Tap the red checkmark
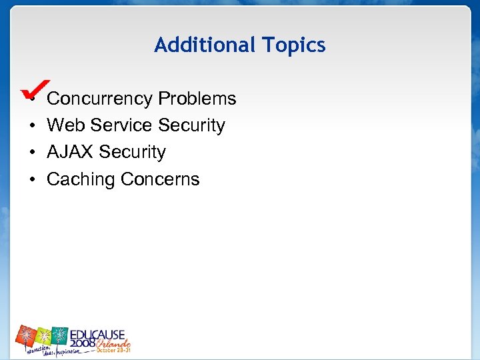(x=33, y=88)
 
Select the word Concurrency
(x=100, y=99)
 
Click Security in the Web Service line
(x=191, y=125)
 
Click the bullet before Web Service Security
(x=33, y=126)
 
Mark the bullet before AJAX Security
(x=33, y=153)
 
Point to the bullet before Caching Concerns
(x=33, y=180)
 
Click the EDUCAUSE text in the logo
(x=100, y=333)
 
